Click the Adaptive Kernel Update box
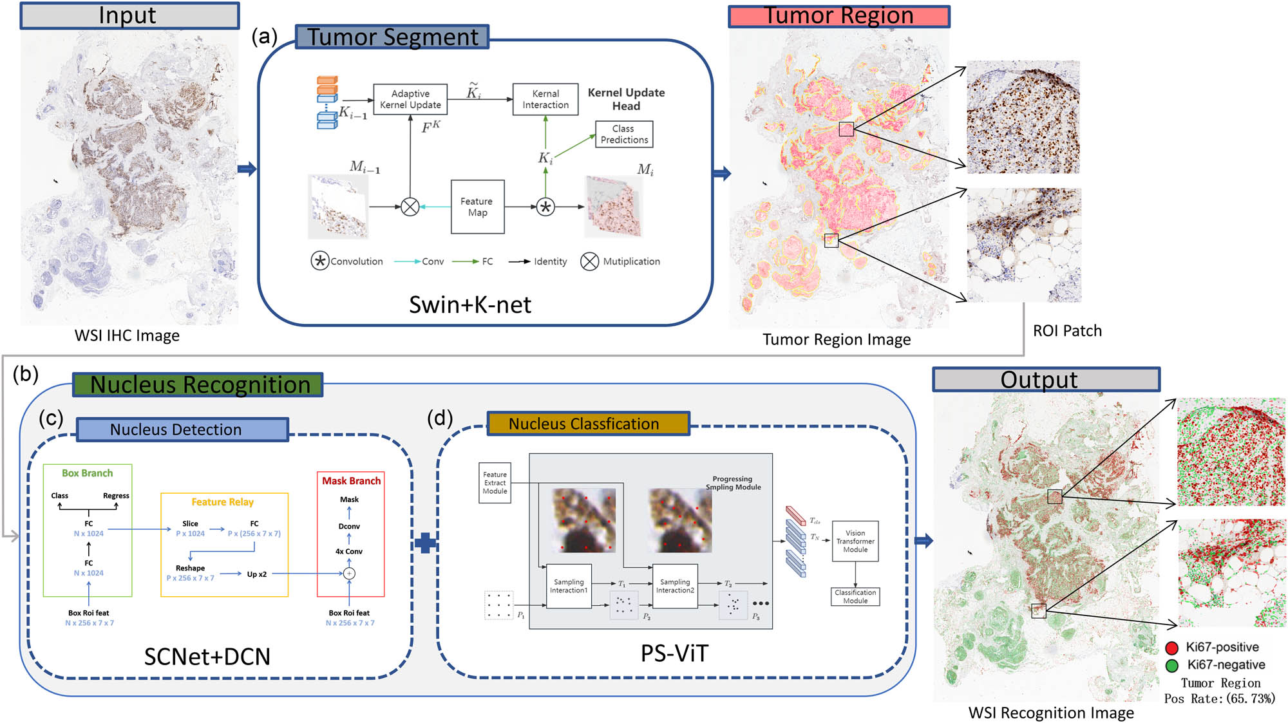410,99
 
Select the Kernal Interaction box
545,99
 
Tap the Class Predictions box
623,134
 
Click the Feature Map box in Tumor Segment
477,207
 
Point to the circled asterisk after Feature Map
545,207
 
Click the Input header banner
129,15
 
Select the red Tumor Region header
838,16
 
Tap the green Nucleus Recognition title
198,384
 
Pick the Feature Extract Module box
495,483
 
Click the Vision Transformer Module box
855,541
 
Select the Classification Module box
855,596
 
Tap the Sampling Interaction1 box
568,586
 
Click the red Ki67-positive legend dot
1172,648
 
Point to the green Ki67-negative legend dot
1172,665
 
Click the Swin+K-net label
470,305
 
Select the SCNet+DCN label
207,656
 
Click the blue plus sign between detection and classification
425,543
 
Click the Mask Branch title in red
351,481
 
